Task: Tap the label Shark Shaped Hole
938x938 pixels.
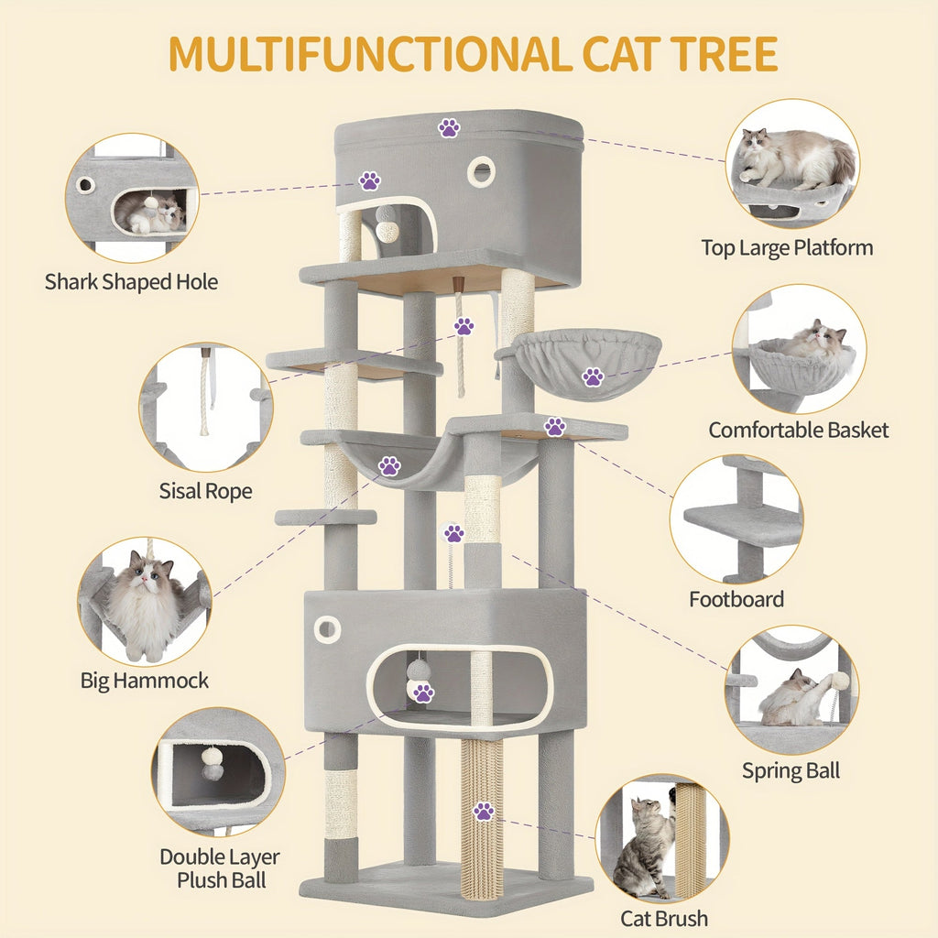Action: tap(132, 282)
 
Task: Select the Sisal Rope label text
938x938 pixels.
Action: tap(205, 491)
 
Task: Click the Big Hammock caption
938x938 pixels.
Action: tap(145, 681)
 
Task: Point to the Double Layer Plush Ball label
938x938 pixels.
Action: tap(220, 868)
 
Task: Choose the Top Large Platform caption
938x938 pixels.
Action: tap(787, 247)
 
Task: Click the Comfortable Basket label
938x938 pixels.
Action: tap(798, 430)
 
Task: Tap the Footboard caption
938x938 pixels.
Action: tap(736, 599)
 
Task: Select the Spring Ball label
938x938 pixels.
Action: tap(791, 770)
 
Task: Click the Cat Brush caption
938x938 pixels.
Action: tap(664, 918)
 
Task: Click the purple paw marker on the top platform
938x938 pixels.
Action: tap(449, 127)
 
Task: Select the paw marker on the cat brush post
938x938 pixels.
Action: tap(483, 811)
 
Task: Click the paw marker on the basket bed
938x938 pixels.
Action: tap(593, 376)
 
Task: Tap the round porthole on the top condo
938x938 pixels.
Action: tap(481, 171)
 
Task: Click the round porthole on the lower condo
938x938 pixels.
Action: tap(327, 628)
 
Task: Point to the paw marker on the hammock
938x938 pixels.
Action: tap(389, 466)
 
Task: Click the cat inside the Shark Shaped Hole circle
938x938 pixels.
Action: tap(151, 213)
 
